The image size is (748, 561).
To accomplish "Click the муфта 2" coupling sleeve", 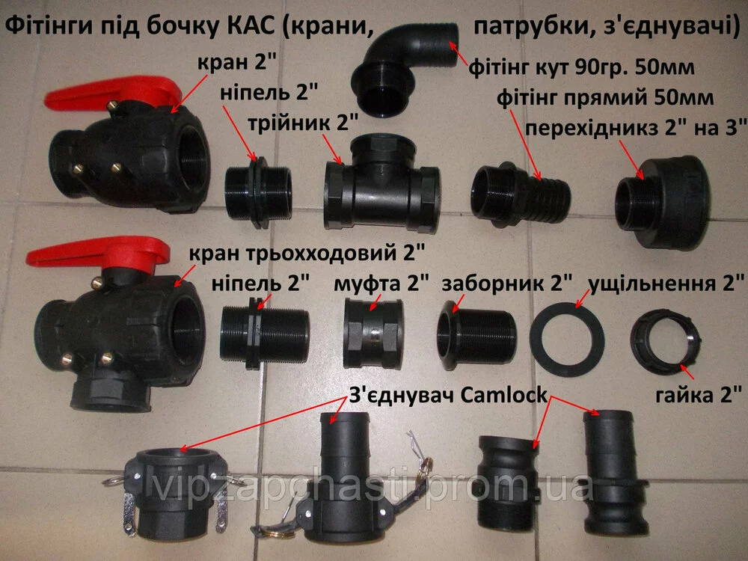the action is coord(373,333).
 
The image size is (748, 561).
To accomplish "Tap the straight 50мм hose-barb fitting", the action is coord(520,193).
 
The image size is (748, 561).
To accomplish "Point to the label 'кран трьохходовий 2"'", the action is coord(307,253).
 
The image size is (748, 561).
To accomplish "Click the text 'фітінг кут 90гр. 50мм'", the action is coord(581,67).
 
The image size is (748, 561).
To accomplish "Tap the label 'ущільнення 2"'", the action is coord(666,283).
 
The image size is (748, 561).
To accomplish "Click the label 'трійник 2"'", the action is coord(303,123).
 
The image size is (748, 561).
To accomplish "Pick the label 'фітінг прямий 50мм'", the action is coord(605,98).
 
